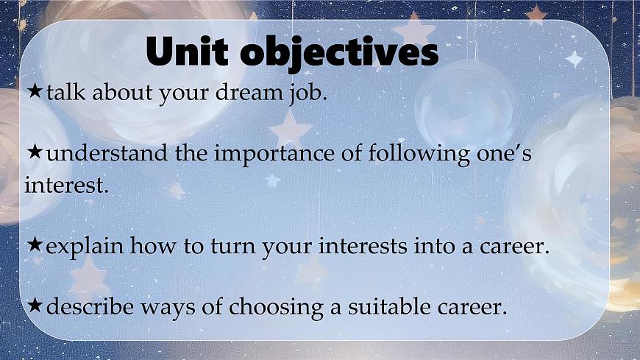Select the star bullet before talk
(x=35, y=93)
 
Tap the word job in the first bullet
(x=304, y=95)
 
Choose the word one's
(x=500, y=155)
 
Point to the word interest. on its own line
(x=66, y=186)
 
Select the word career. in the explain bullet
(x=516, y=247)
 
